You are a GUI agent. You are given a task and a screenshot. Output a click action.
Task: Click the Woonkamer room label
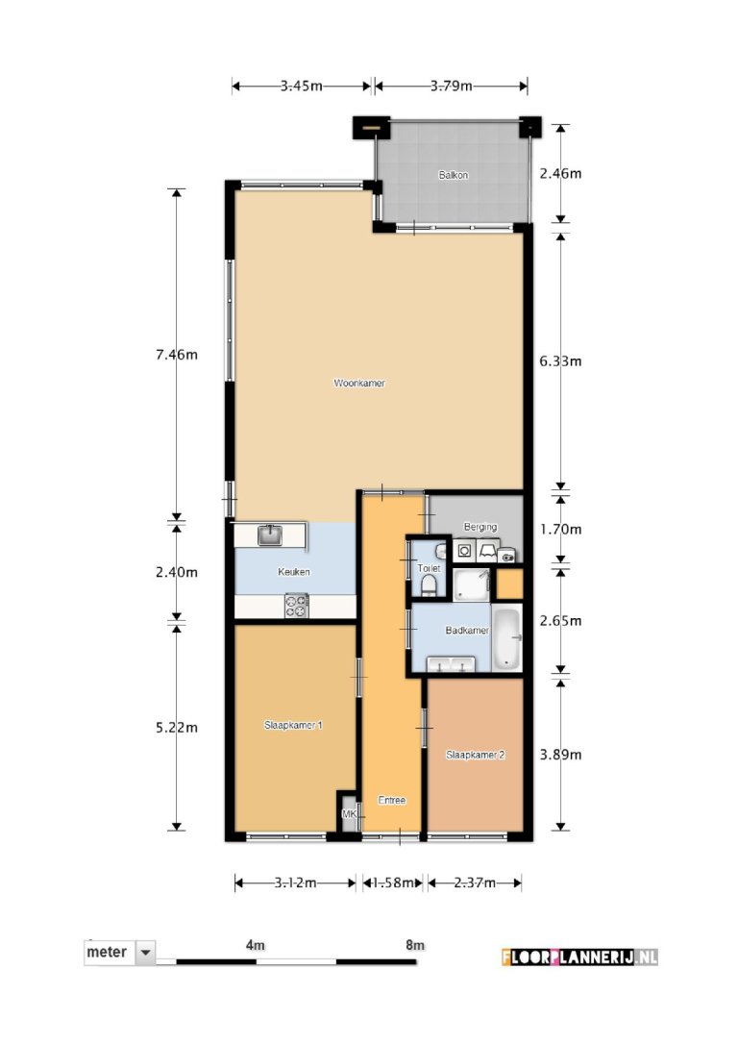pyautogui.click(x=359, y=383)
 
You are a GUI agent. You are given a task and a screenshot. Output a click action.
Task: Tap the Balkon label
pyautogui.click(x=454, y=175)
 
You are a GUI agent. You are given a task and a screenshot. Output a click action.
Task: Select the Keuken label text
pyautogui.click(x=293, y=571)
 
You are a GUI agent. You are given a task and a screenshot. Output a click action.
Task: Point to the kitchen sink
pyautogui.click(x=269, y=535)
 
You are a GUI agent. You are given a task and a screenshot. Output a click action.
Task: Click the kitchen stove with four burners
pyautogui.click(x=297, y=606)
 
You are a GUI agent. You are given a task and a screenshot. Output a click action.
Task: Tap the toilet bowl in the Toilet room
pyautogui.click(x=430, y=584)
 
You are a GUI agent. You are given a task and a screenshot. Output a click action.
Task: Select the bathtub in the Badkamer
pyautogui.click(x=507, y=635)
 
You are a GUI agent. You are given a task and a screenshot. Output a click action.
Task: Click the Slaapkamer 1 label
pyautogui.click(x=293, y=725)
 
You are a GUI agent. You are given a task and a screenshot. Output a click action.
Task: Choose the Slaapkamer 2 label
pyautogui.click(x=475, y=755)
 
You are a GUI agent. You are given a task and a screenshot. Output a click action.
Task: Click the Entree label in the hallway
pyautogui.click(x=392, y=800)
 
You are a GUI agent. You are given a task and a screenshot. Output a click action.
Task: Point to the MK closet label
pyautogui.click(x=349, y=813)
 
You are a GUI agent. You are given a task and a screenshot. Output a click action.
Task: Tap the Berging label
pyautogui.click(x=480, y=527)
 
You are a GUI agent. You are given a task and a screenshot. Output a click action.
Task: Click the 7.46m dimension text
pyautogui.click(x=177, y=355)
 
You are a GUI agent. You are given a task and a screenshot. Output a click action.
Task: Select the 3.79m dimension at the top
pyautogui.click(x=452, y=86)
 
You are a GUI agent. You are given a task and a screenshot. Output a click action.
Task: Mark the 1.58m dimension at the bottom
pyautogui.click(x=393, y=882)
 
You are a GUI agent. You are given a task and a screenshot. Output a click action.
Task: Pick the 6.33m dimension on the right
pyautogui.click(x=560, y=360)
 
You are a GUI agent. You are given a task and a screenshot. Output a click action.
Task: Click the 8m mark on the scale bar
pyautogui.click(x=415, y=945)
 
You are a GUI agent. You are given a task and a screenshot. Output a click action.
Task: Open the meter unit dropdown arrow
pyautogui.click(x=145, y=952)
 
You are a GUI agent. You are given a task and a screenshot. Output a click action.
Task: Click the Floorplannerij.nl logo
pyautogui.click(x=579, y=957)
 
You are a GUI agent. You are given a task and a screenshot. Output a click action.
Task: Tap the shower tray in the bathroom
pyautogui.click(x=471, y=584)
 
